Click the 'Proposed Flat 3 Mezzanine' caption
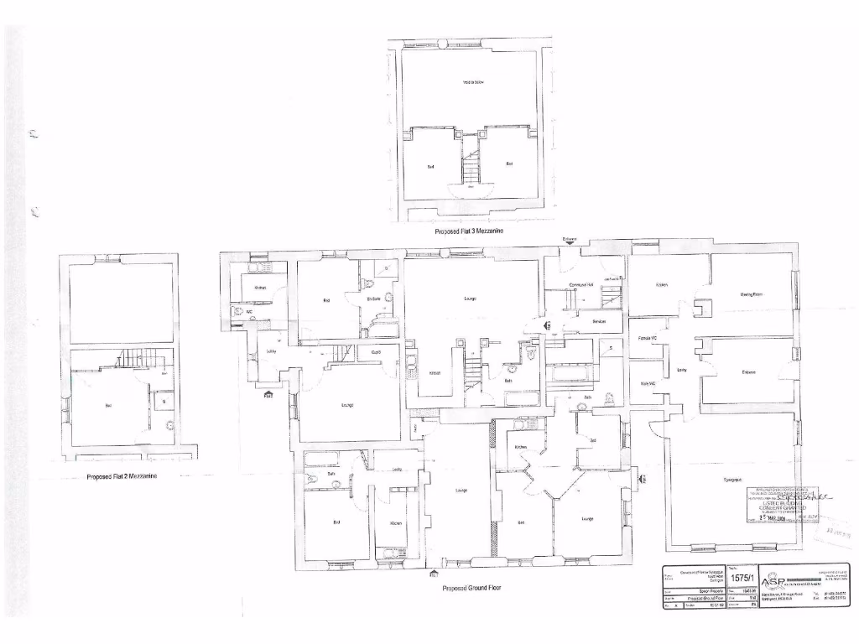[469, 230]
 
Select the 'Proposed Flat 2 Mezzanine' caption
[122, 476]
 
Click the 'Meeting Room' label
[751, 294]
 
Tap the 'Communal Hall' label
[581, 285]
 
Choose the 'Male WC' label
[646, 384]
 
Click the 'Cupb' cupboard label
[376, 352]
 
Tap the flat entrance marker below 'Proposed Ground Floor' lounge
[435, 574]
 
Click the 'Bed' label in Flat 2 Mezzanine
[108, 406]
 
